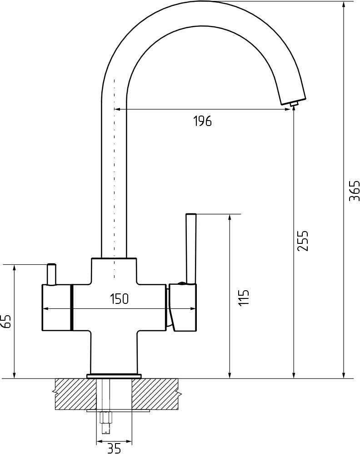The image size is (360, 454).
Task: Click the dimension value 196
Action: tap(203, 121)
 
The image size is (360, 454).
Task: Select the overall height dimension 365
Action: tap(354, 191)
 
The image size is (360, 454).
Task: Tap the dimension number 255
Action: tap(303, 241)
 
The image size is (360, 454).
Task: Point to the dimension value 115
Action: tap(244, 297)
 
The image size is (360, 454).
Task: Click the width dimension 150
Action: tap(119, 299)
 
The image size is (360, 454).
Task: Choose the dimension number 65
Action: tap(6, 321)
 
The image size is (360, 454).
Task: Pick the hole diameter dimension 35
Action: tap(114, 449)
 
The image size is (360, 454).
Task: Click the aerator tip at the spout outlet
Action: tap(294, 104)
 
